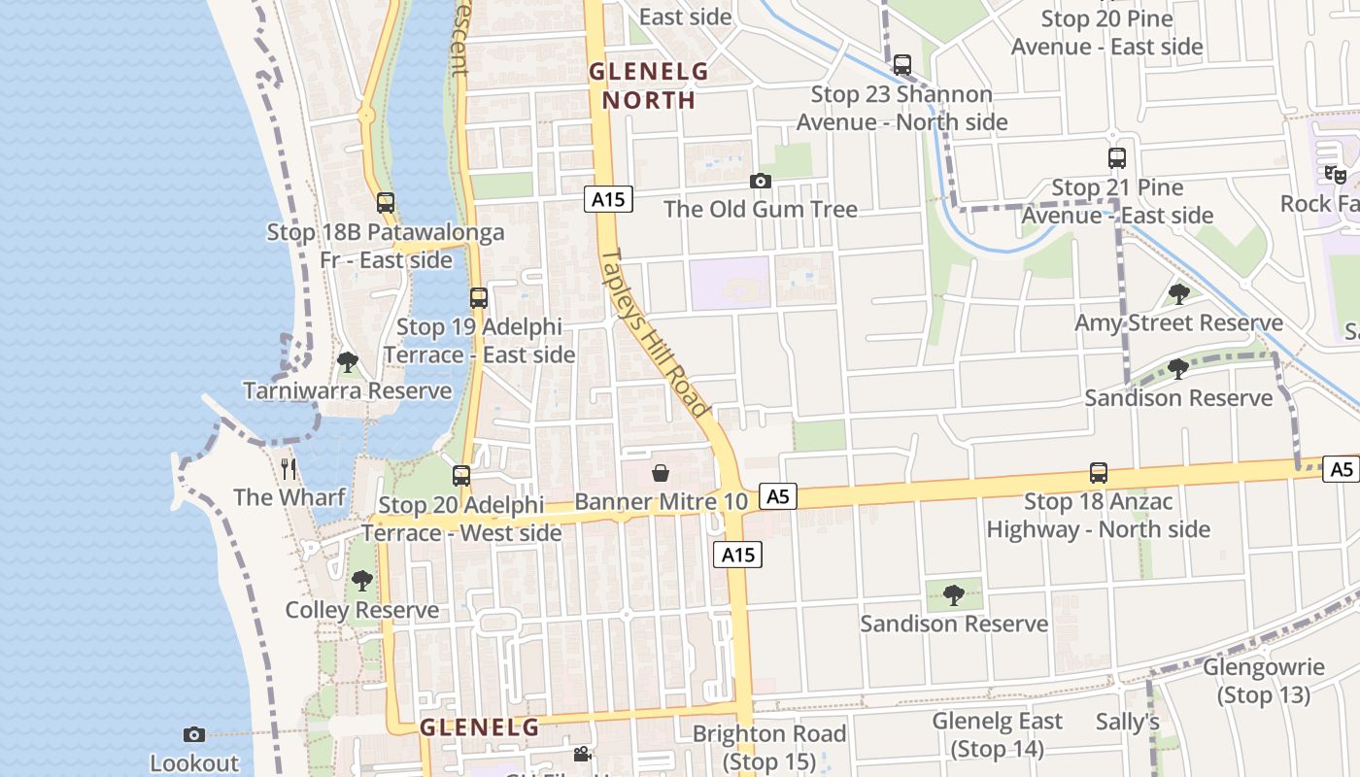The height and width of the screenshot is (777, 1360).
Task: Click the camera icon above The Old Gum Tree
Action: pos(761,181)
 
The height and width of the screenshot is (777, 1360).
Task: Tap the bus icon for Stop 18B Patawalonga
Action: pos(386,203)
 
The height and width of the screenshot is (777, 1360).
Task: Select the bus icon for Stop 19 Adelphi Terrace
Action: pos(478,298)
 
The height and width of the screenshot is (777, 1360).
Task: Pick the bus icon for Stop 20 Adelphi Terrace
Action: pos(461,476)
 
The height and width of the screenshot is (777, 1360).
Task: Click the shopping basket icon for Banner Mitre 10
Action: pos(661,473)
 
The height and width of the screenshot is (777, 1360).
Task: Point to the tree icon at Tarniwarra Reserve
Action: pos(347,362)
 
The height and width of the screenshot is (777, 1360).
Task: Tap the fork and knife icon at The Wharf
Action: pos(289,469)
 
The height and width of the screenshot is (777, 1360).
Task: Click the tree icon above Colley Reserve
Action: pos(362,581)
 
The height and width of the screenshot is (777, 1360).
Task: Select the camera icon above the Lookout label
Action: pos(194,735)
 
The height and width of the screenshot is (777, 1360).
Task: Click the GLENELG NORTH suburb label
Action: pos(649,85)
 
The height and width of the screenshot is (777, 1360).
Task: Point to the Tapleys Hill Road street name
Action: pos(654,333)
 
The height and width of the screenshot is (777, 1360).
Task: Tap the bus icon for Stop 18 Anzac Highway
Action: pos(1099,473)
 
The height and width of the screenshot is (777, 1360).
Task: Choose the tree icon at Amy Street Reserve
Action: pos(1179,293)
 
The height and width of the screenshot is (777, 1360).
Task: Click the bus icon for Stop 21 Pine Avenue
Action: pos(1117,157)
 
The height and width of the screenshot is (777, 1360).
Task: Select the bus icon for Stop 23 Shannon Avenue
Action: pos(902,65)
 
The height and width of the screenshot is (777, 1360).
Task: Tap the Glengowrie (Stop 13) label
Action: pos(1264,681)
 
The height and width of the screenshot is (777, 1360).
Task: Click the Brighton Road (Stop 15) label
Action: pos(769,747)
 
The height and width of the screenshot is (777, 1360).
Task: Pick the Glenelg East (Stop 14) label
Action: pos(998,734)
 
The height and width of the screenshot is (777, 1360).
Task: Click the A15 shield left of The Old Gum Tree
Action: pos(609,199)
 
